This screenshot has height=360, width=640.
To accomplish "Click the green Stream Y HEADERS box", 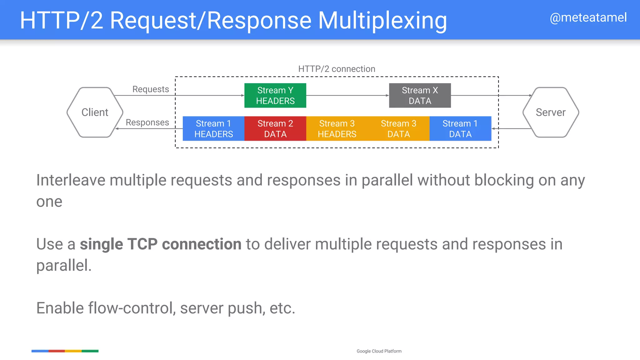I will tap(275, 95).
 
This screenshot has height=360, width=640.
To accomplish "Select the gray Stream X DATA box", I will tap(420, 95).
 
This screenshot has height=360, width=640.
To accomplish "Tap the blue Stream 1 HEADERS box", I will tap(213, 128).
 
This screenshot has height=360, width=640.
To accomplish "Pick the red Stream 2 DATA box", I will tap(275, 128).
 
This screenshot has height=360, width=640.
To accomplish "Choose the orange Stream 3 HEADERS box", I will tap(337, 128).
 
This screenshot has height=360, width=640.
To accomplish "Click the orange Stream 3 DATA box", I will tap(398, 128).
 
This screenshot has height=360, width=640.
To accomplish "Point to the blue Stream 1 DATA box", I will tap(460, 128).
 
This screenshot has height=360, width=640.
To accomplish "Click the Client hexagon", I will tap(95, 112).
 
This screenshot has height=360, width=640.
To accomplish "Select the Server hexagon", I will tap(551, 112).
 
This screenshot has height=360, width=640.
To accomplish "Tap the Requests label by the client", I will tap(151, 89).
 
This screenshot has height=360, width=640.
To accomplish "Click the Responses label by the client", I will tap(147, 122).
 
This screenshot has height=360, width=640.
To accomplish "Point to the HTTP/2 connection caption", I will tap(337, 69).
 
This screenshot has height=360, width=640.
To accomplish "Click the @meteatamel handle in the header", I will tap(588, 17).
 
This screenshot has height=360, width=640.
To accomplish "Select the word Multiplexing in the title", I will tap(382, 21).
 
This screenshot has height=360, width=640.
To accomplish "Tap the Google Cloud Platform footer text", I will tap(379, 351).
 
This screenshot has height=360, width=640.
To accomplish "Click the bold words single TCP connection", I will tap(161, 244).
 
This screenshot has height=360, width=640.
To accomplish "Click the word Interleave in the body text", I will tap(71, 180).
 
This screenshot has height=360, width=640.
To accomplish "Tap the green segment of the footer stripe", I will tap(90, 351).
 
